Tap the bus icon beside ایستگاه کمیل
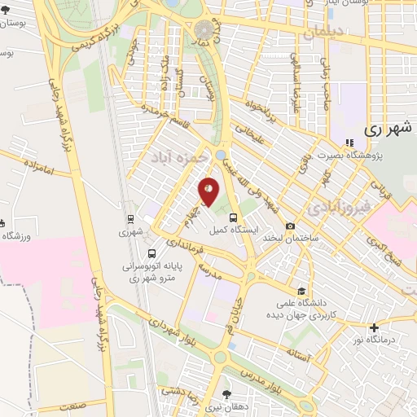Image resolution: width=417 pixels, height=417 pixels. click(x=235, y=217)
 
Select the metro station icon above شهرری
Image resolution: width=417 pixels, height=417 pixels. click(x=130, y=219)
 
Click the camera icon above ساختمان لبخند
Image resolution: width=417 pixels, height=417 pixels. click(x=291, y=226)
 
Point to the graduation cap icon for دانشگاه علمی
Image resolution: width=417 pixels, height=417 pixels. click(x=301, y=291)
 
